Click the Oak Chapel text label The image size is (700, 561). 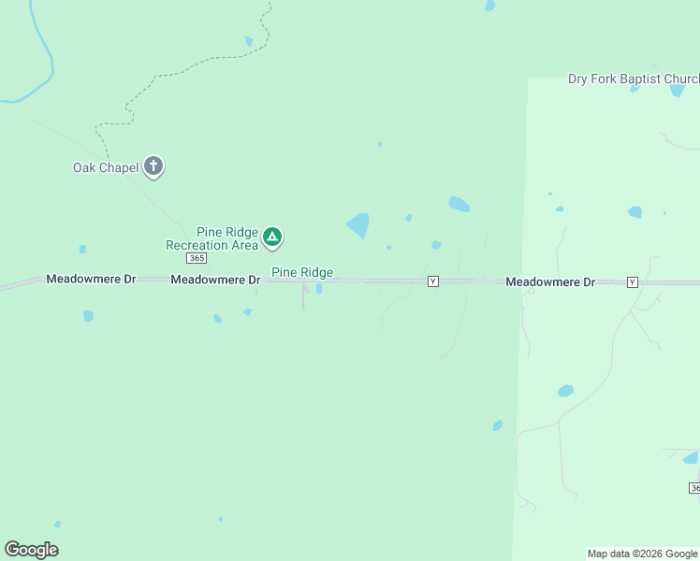coord(106,168)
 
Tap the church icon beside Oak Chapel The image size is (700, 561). coord(154,167)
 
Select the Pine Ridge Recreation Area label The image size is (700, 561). coord(211,238)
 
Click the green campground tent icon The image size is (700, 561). coord(271,237)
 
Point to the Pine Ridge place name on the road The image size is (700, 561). coord(302,272)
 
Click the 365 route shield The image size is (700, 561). coord(196,258)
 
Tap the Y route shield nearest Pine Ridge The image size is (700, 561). coord(432,281)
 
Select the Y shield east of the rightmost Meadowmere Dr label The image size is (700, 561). coord(633,281)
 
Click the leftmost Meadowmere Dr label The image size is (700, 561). coord(92,280)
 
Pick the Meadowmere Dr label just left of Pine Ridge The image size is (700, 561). coord(215,280)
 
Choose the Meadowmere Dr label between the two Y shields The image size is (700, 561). coord(550,281)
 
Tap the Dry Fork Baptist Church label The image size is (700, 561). coord(633,79)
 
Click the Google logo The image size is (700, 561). coord(32,550)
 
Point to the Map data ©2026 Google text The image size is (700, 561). coord(643,554)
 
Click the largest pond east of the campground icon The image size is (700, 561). coord(358,224)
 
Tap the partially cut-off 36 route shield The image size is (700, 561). coord(694,488)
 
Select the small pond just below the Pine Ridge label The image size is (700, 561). coord(319,288)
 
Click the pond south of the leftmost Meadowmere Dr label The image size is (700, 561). coord(88,316)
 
